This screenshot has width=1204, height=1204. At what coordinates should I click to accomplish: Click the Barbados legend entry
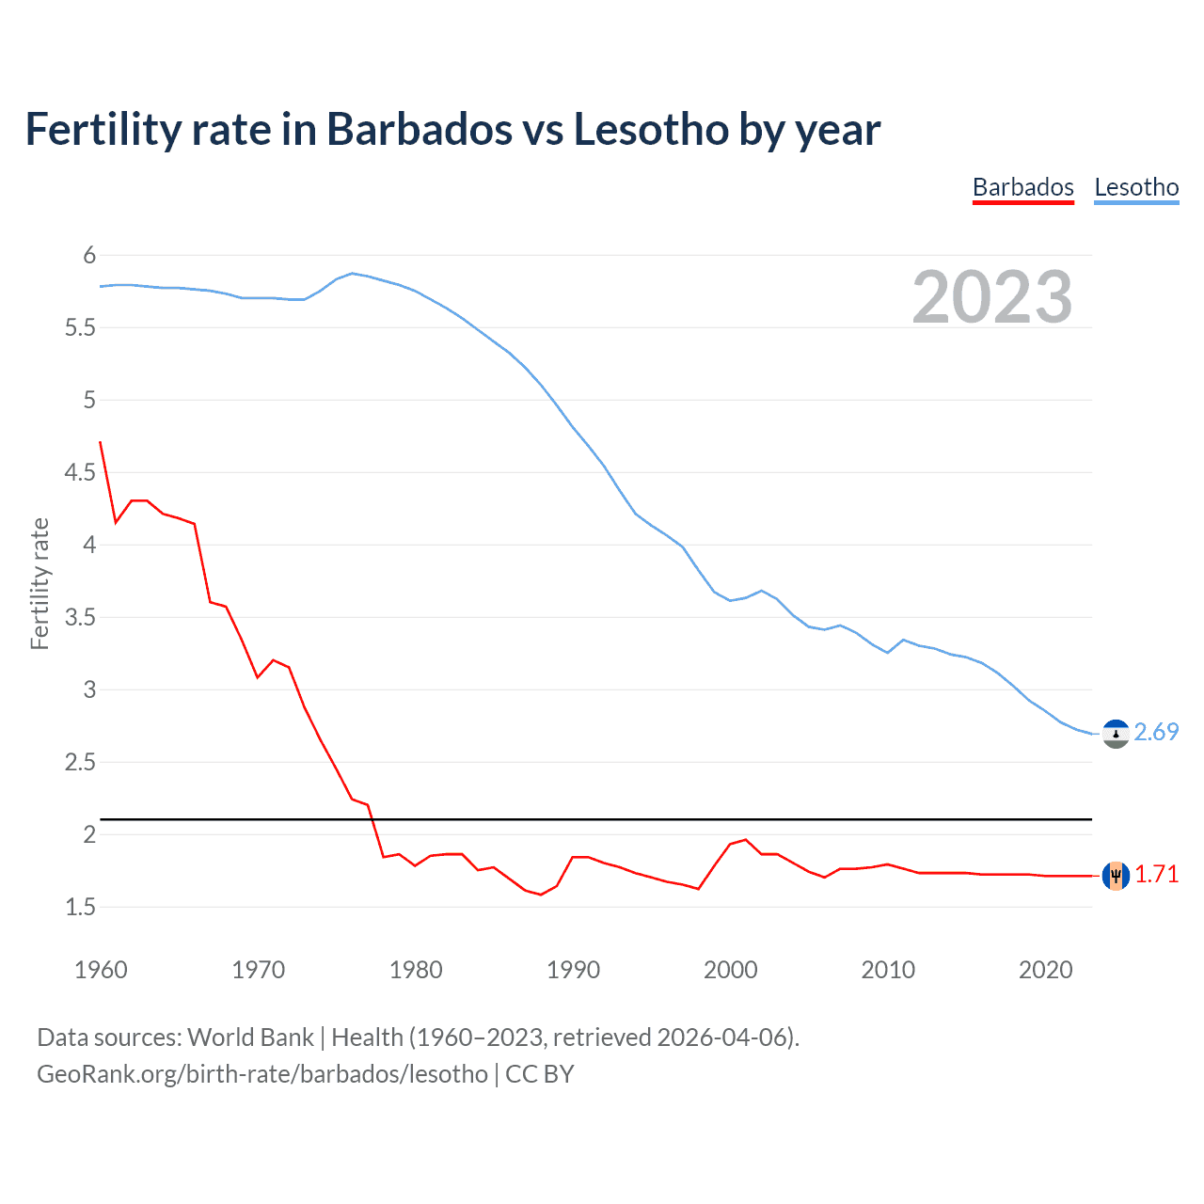click(1022, 187)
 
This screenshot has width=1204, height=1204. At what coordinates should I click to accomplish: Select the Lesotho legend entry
click(1136, 187)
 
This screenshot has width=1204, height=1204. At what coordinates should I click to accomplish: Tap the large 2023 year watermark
click(991, 297)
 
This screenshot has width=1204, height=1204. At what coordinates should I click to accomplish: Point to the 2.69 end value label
click(1156, 732)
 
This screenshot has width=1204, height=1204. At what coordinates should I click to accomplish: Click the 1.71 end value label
click(1156, 874)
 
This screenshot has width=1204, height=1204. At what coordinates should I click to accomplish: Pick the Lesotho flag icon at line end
click(1116, 734)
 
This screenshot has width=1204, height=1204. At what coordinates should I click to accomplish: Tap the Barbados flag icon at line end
click(1116, 876)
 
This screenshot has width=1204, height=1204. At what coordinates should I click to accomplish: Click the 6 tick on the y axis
click(89, 255)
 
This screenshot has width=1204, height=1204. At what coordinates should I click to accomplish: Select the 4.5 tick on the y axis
click(80, 472)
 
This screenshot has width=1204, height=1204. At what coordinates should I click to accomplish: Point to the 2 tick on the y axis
click(89, 834)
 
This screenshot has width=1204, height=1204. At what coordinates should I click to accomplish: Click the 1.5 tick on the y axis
click(80, 907)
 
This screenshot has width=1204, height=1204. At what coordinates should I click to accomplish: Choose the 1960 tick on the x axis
click(101, 970)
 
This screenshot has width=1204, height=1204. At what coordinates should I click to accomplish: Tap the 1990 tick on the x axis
click(573, 970)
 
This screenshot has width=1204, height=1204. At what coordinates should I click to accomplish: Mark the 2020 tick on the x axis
click(1045, 970)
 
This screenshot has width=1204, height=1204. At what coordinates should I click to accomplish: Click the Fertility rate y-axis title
click(40, 583)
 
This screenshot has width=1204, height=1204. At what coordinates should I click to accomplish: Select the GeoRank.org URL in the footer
click(262, 1074)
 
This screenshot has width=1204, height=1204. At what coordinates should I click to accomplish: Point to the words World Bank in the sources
click(250, 1038)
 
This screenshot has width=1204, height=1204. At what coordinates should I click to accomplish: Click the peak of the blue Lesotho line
click(352, 273)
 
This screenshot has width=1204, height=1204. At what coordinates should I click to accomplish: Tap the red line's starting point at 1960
click(101, 442)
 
